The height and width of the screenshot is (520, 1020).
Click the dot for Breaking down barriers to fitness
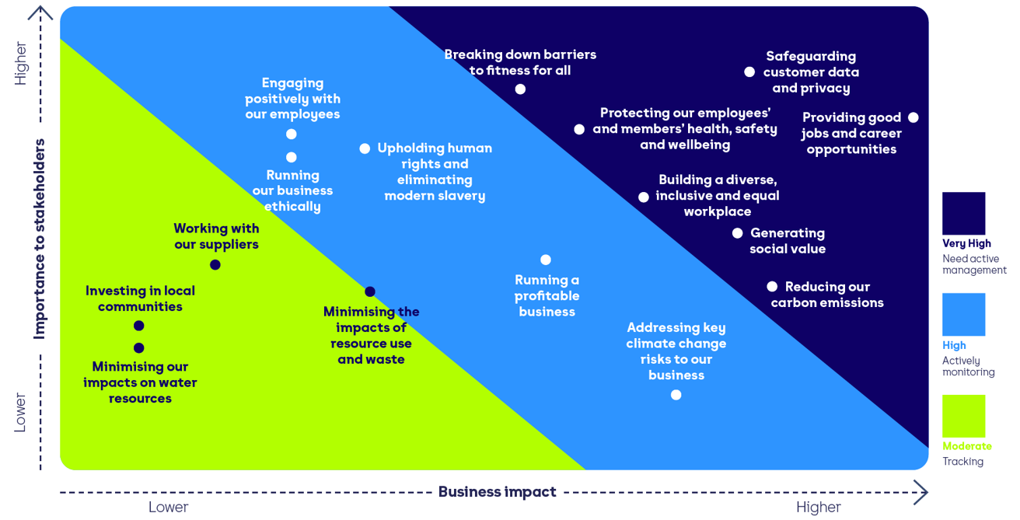[x=520, y=89]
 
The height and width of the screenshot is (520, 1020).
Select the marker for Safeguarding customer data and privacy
[x=749, y=72]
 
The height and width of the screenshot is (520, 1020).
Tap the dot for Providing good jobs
[x=913, y=118]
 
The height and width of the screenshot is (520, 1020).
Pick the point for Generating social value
[x=737, y=233]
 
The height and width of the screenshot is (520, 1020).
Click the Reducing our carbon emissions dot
[x=772, y=287]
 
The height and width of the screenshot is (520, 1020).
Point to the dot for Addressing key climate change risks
[x=676, y=395]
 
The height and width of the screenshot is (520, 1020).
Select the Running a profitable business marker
[x=546, y=260]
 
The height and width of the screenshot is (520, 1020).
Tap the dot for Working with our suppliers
[x=215, y=265]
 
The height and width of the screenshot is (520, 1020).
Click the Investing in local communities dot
[x=139, y=326]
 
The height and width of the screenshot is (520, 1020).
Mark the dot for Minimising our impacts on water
[x=139, y=348]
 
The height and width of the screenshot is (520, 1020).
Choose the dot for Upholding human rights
[x=365, y=148]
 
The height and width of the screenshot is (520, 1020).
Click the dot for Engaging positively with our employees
[x=292, y=134]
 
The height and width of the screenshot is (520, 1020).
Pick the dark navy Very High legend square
[x=963, y=214]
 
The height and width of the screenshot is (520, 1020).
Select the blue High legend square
[x=963, y=315]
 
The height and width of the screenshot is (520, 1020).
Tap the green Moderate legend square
[x=963, y=416]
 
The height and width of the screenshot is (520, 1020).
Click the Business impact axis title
[x=498, y=492]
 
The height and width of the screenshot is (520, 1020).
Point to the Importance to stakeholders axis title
[x=40, y=239]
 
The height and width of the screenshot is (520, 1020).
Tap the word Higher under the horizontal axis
[x=818, y=508]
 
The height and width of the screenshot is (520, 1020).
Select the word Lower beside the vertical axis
[x=20, y=413]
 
